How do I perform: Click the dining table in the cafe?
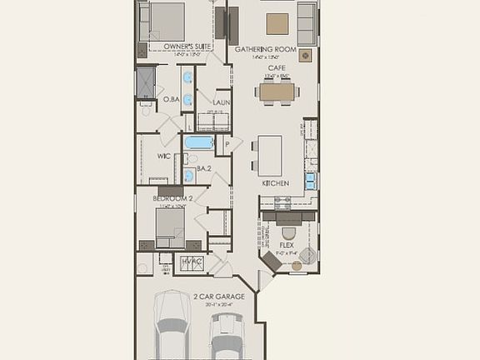click(276, 92)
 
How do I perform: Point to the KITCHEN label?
click(275, 182)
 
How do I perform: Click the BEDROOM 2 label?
click(172, 199)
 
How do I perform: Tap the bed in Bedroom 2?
click(170, 227)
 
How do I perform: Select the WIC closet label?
click(164, 156)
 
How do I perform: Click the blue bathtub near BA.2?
click(199, 142)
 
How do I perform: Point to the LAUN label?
click(221, 102)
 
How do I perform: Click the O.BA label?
click(171, 99)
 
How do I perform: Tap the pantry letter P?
click(227, 143)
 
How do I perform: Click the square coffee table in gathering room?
click(277, 22)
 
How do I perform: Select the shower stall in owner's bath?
click(147, 81)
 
